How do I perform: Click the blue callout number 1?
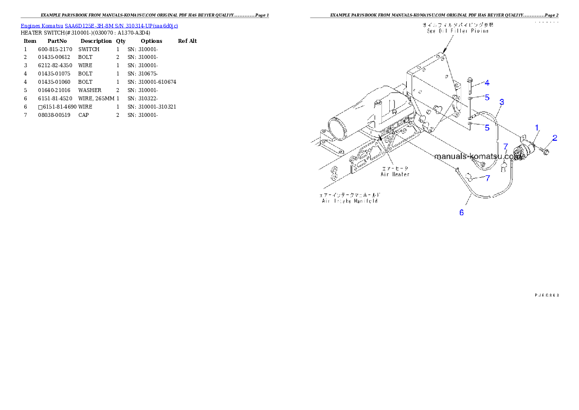[537, 128]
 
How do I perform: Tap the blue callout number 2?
[555, 138]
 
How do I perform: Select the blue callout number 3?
[502, 102]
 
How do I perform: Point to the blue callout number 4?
[487, 83]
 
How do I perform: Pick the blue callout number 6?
[462, 212]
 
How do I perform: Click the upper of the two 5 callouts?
[487, 97]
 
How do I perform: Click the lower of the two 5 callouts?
[487, 128]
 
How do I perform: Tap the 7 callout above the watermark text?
[506, 146]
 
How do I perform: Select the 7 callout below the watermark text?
[488, 178]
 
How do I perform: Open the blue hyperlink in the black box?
[99, 25]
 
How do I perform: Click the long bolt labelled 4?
[470, 87]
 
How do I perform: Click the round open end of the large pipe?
[336, 129]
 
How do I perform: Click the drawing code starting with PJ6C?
[546, 295]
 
